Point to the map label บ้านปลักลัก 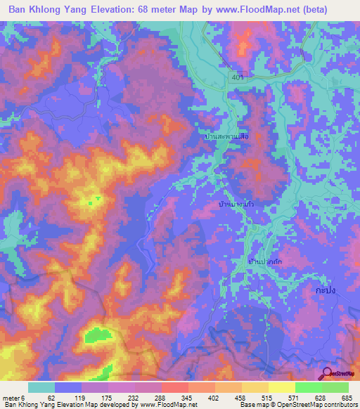click(264, 261)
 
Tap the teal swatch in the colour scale click(41, 387)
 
